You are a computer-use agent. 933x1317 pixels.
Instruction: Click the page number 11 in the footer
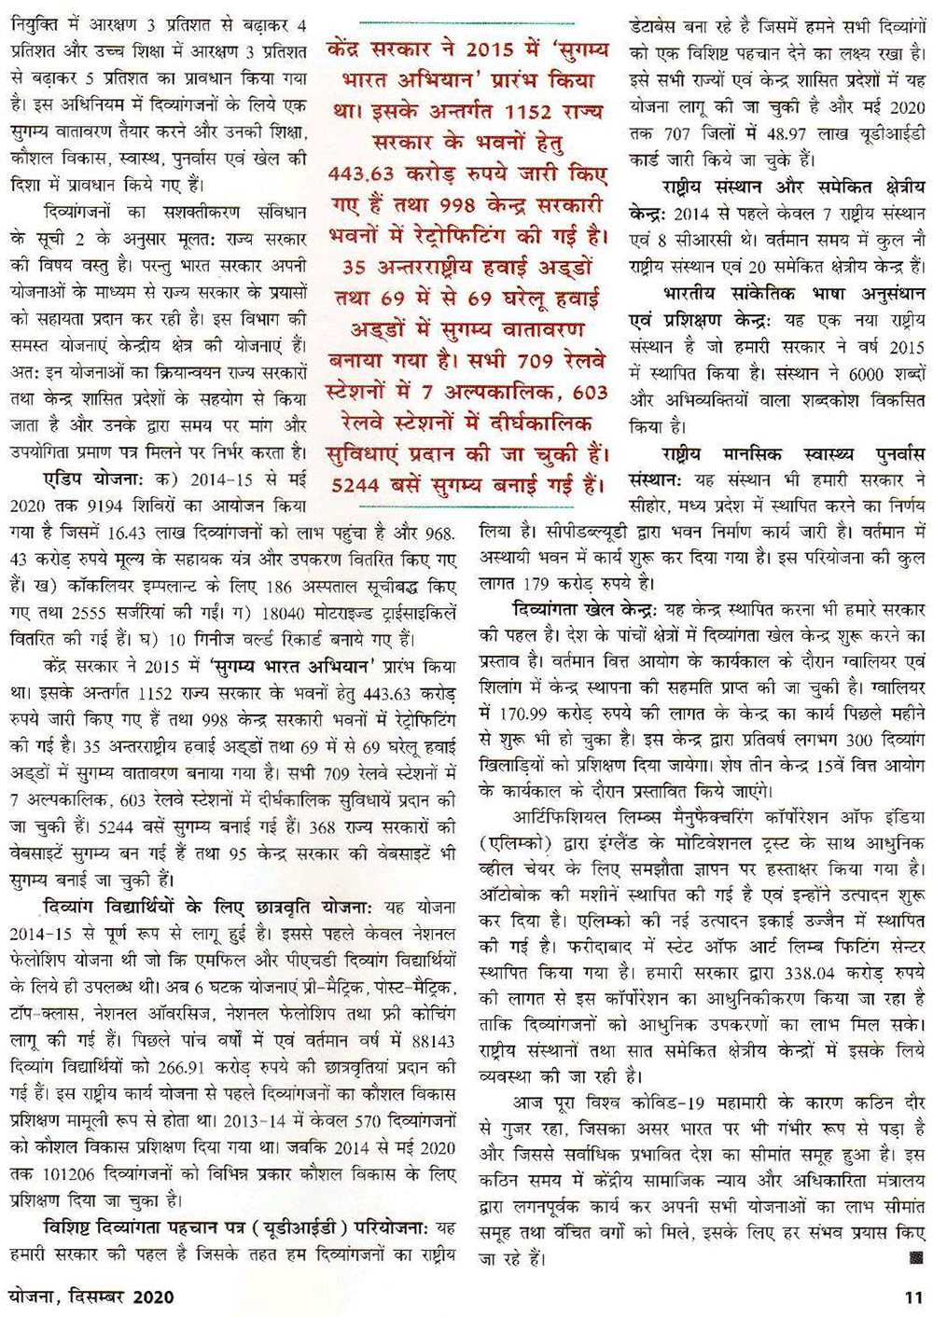click(913, 1297)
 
